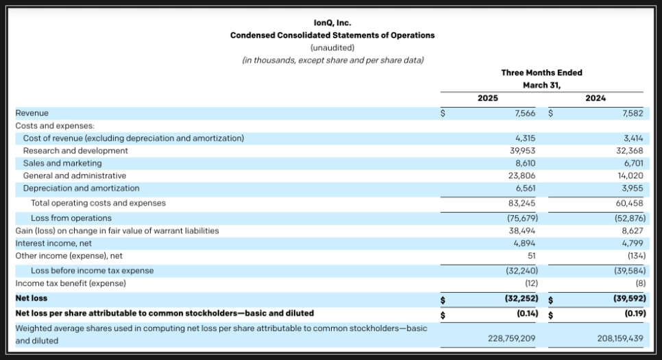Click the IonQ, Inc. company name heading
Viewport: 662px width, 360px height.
point(332,23)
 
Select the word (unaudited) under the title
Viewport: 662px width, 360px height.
point(332,48)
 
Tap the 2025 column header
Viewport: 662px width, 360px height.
point(488,98)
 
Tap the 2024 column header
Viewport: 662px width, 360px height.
point(596,98)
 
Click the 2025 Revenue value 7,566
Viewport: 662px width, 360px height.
point(525,113)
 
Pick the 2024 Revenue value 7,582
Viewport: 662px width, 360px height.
point(633,113)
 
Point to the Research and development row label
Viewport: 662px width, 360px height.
point(75,151)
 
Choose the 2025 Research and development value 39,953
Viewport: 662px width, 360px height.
point(523,151)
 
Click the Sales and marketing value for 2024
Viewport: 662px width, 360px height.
point(633,163)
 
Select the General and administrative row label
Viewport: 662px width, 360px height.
point(75,176)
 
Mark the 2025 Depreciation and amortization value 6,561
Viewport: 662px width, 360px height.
point(525,188)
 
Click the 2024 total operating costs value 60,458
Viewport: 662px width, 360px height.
point(630,203)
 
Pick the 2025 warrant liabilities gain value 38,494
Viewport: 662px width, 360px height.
point(522,230)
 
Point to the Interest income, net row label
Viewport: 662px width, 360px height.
point(53,243)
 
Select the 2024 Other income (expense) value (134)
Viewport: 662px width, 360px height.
point(637,256)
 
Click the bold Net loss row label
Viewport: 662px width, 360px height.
point(32,298)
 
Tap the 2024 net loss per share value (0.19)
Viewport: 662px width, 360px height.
point(635,313)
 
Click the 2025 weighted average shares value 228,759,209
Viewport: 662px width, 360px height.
point(512,339)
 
